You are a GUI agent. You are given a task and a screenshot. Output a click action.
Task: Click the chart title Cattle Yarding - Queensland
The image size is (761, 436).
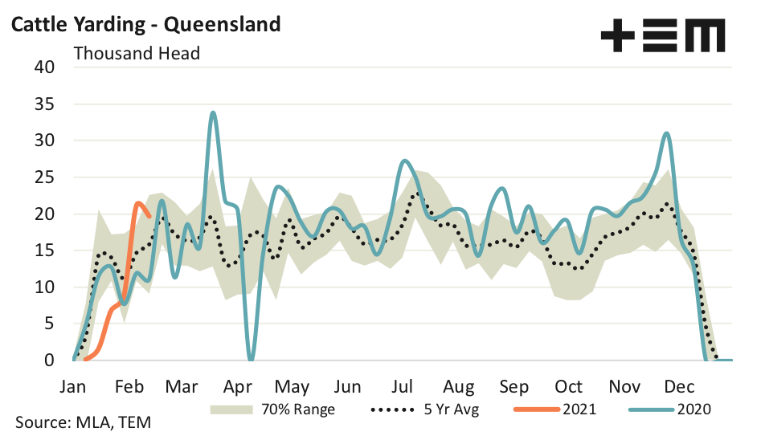pyautogui.click(x=145, y=24)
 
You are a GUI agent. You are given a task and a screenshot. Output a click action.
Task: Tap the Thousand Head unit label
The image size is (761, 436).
pyautogui.click(x=137, y=54)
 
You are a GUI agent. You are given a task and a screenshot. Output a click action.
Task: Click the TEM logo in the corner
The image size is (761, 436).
pyautogui.click(x=662, y=35)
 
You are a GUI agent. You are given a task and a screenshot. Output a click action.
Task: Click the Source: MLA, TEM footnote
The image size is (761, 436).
pyautogui.click(x=83, y=422)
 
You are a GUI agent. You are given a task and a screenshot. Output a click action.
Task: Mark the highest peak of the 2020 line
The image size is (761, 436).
pyautogui.click(x=212, y=112)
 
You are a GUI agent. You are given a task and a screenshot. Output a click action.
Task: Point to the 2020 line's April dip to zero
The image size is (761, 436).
pyautogui.click(x=251, y=359)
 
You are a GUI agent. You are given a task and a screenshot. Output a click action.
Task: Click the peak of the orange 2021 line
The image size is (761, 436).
pyautogui.click(x=138, y=203)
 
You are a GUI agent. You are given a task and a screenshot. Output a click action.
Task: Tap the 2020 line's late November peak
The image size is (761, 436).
pyautogui.click(x=666, y=133)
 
